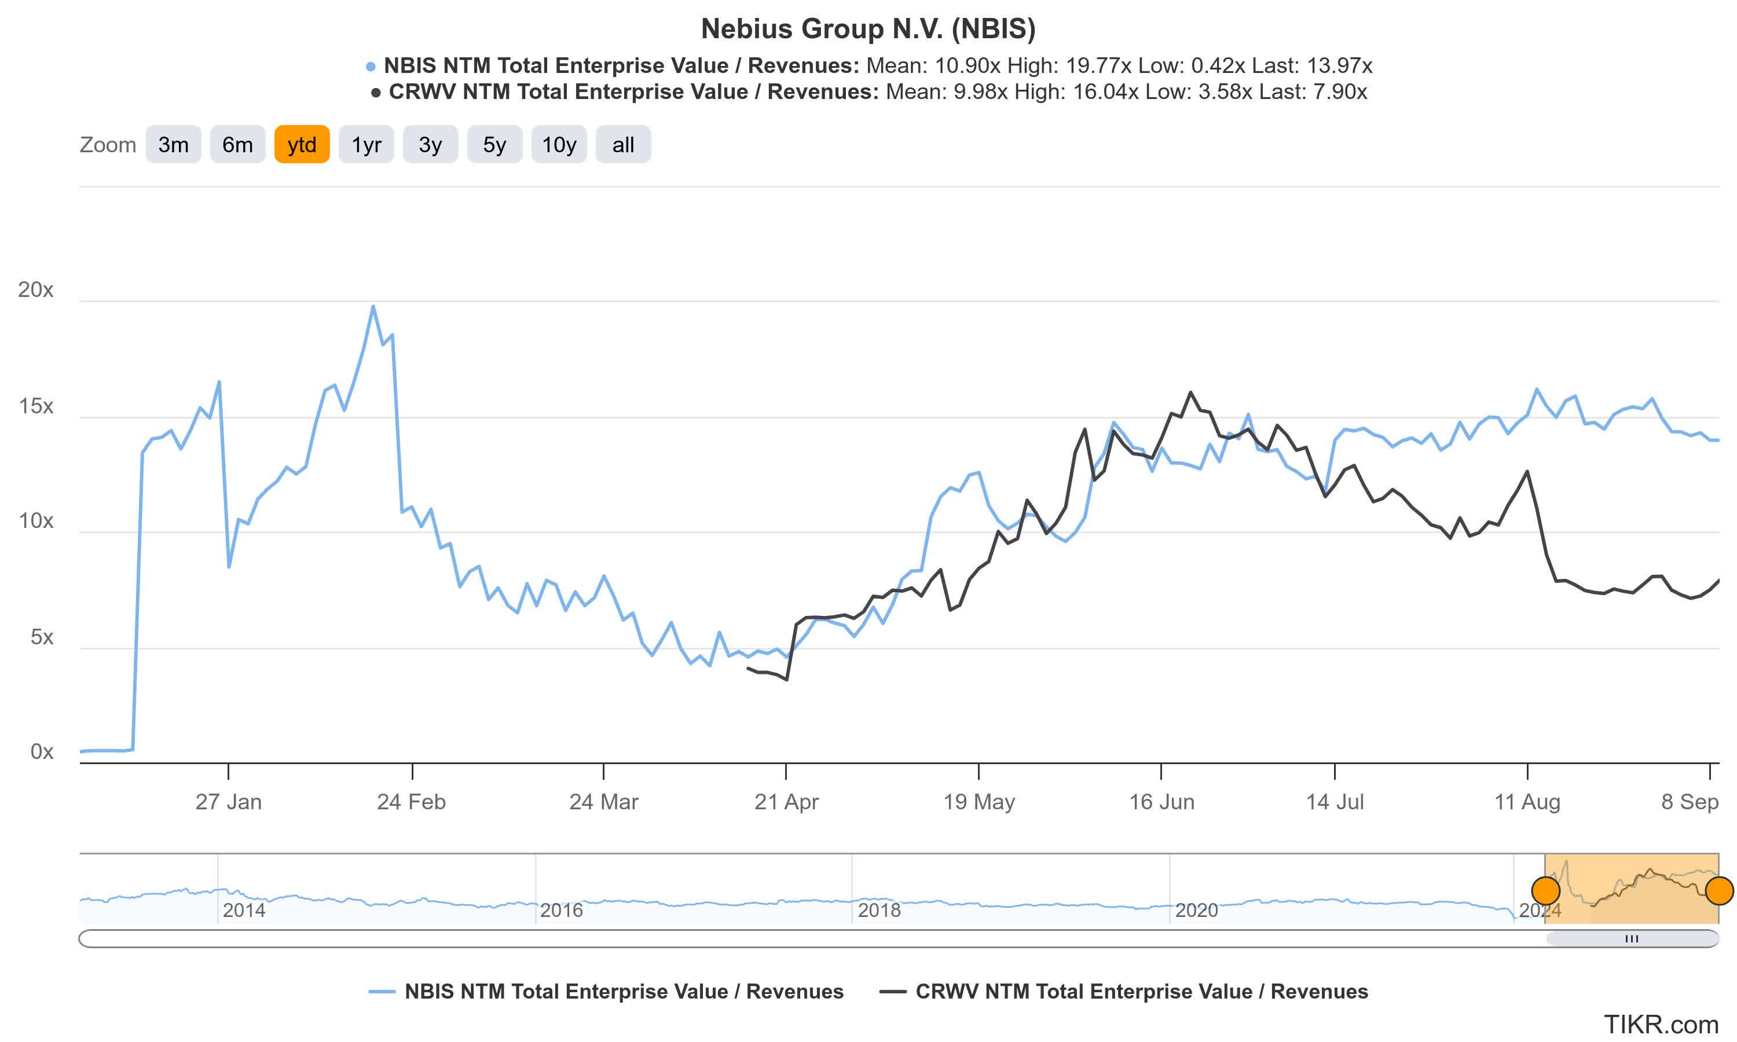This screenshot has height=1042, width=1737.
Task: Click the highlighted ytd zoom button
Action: pos(302,145)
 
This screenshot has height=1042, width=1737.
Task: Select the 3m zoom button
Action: pos(174,145)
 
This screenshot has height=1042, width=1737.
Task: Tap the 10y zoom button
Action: pos(559,145)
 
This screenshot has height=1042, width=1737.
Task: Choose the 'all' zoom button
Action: pos(623,145)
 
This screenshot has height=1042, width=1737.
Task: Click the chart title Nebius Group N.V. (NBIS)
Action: pos(868,29)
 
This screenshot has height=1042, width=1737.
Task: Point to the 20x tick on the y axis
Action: pos(35,289)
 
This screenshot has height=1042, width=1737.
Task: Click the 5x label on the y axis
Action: pos(42,637)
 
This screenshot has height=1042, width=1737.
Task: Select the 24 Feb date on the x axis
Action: pos(412,801)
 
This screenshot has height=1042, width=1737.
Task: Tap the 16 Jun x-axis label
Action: pos(1161,801)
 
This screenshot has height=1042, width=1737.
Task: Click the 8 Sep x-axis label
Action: pos(1690,801)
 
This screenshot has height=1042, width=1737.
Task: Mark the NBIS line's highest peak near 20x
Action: pos(373,306)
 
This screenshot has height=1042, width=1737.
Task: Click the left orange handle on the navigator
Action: pos(1545,891)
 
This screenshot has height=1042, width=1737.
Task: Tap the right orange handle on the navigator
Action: pos(1718,891)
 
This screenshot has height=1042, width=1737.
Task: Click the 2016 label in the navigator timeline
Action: pos(561,910)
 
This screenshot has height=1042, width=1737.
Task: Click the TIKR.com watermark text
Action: pos(1661,1025)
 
